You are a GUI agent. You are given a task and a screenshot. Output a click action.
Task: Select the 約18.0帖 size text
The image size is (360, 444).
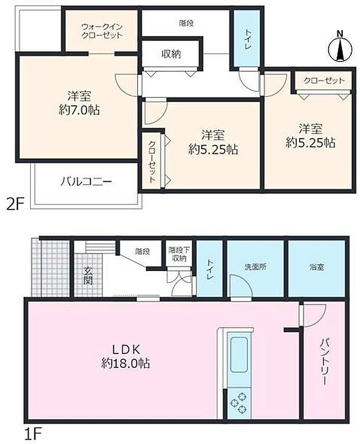pos(124,364)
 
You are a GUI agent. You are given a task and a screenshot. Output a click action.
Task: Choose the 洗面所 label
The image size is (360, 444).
pos(255,268)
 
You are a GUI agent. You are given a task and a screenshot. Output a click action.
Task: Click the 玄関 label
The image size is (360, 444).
pos(88,275)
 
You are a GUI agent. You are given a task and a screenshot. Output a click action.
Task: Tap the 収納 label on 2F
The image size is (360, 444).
pos(171,55)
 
